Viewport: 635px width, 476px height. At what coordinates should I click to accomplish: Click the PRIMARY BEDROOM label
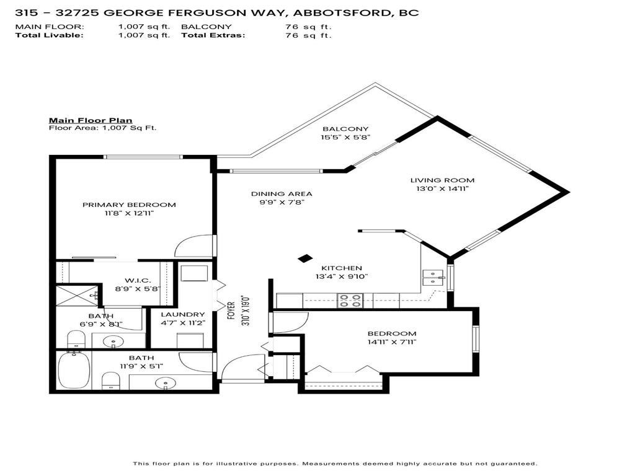tap(129, 205)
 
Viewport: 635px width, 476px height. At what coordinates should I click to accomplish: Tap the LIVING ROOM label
tap(442, 180)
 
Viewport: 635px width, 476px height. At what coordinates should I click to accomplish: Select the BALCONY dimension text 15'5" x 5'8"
tap(345, 138)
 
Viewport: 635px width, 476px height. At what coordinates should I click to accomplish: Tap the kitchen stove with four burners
tap(350, 301)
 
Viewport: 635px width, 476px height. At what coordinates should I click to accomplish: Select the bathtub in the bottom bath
tap(74, 371)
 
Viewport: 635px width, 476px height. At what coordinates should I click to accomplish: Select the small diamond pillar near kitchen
tap(305, 258)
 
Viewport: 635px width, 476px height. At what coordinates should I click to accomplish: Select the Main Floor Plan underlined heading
tap(91, 120)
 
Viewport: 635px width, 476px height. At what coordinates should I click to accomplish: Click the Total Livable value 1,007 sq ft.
tap(144, 35)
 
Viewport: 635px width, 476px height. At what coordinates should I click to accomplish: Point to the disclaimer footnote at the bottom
tap(335, 464)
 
